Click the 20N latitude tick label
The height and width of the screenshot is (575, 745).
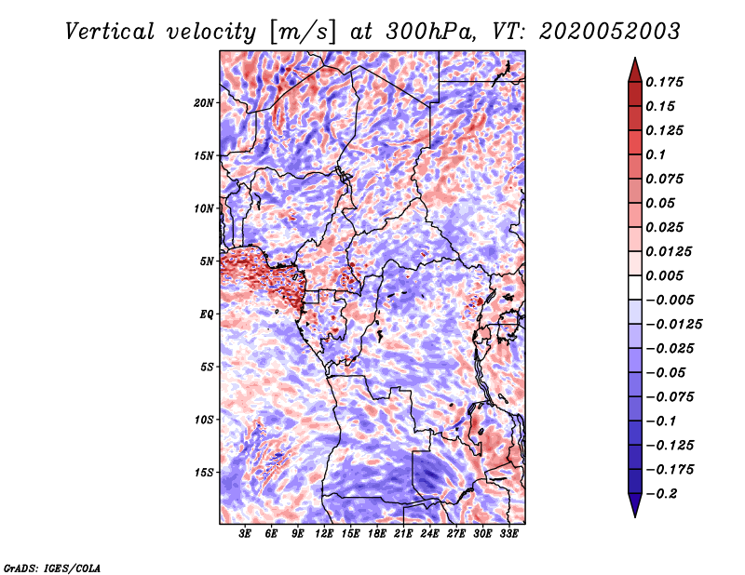click(x=204, y=103)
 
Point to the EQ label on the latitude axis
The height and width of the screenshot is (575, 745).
click(x=206, y=314)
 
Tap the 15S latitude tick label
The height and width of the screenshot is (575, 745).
click(x=204, y=473)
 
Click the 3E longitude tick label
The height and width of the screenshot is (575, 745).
click(x=245, y=533)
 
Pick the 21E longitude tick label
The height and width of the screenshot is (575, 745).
click(x=403, y=533)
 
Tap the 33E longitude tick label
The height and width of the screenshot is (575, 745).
click(x=508, y=533)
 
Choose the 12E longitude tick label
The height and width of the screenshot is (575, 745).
click(x=324, y=533)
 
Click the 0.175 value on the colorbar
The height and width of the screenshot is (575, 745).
click(x=664, y=82)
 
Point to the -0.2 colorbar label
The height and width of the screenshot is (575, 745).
click(x=661, y=494)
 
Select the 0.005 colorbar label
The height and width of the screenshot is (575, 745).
click(x=664, y=275)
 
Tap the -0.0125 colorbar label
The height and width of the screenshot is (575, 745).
click(x=673, y=325)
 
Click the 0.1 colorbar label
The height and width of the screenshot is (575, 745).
click(x=656, y=154)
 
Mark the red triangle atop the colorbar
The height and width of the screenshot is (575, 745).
click(x=635, y=71)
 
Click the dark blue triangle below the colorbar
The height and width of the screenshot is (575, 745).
click(x=635, y=505)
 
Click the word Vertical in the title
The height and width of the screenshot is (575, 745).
click(x=109, y=32)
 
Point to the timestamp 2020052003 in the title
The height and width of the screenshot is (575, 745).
click(x=610, y=32)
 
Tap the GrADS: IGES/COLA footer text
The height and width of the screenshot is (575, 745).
click(x=52, y=568)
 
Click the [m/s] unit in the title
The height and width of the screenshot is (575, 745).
click(x=303, y=33)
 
